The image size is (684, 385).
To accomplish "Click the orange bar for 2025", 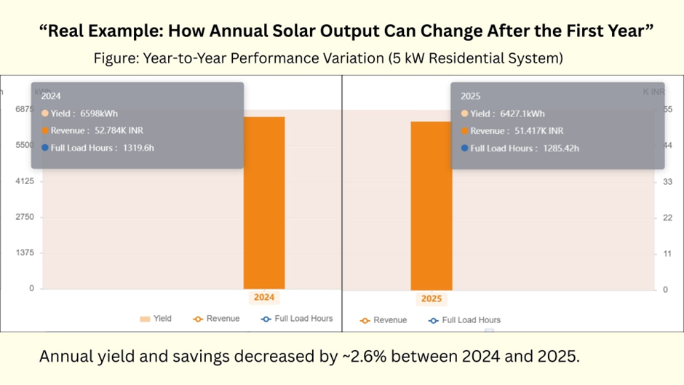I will tap(432, 205).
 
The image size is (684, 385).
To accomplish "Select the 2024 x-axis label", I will tap(263, 297).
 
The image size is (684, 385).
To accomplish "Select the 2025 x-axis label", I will tap(432, 298).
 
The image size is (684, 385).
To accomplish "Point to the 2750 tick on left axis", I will tap(25, 217).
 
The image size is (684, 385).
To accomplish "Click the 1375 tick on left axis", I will tap(25, 253).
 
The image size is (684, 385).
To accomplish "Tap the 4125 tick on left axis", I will tap(25, 181).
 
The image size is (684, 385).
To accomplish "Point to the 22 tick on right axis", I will tap(668, 218).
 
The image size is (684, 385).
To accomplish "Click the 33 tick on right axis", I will tap(668, 182).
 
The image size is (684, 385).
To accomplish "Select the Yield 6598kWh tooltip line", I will tap(80, 114).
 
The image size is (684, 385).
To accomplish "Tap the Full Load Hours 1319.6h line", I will tap(98, 148).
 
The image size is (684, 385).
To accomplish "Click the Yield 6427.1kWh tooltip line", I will tap(502, 114).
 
